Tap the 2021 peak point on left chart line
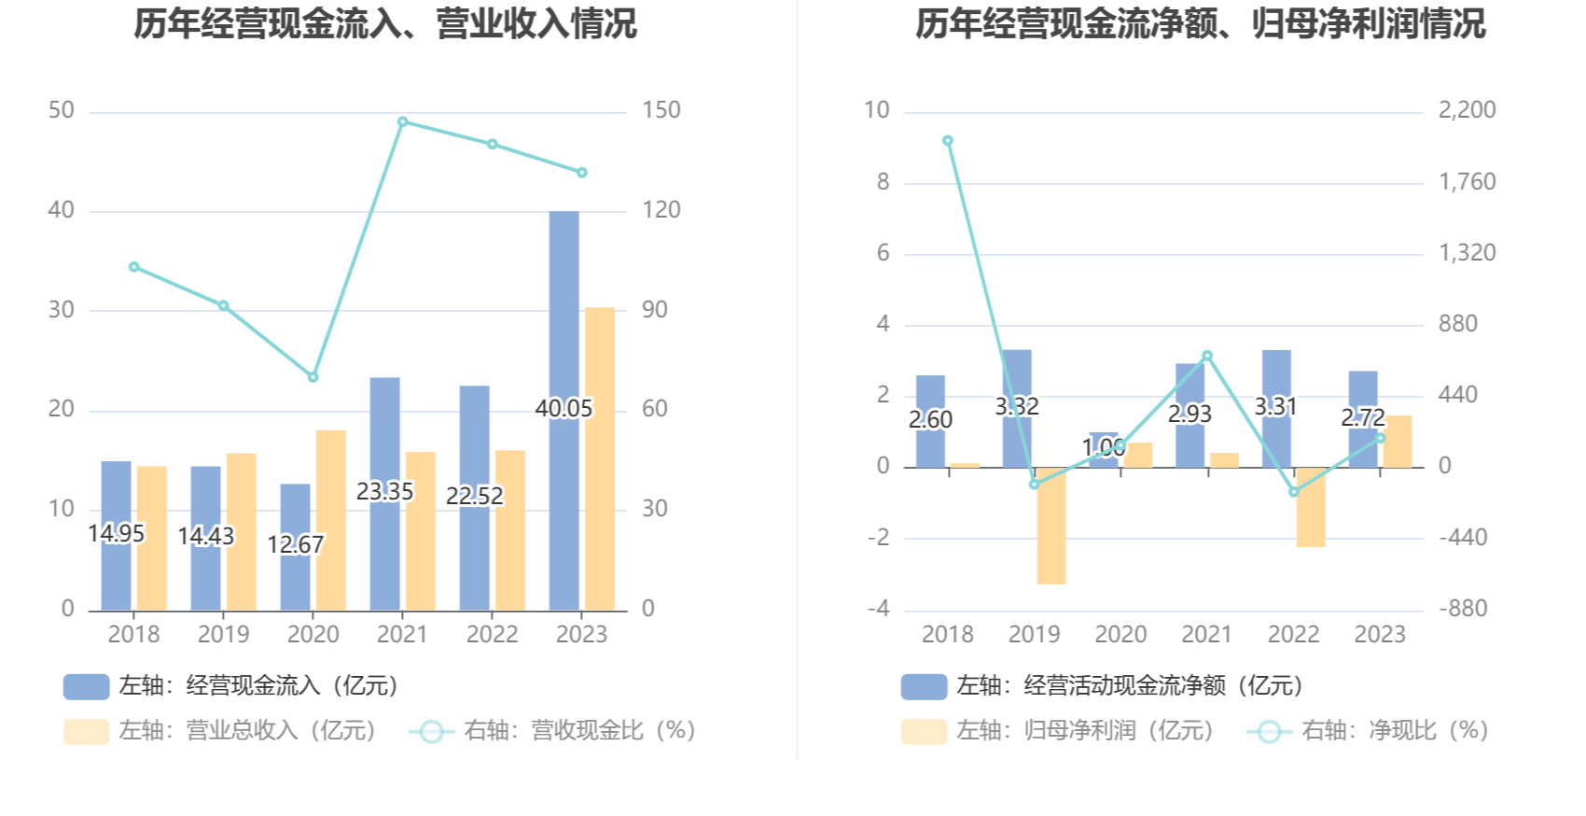click(x=403, y=121)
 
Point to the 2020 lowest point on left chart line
click(x=313, y=377)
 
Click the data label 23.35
click(x=384, y=491)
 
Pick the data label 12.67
click(x=295, y=544)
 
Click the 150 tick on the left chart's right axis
click(x=661, y=110)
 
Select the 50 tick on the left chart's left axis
click(x=62, y=110)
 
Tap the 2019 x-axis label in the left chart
click(x=223, y=635)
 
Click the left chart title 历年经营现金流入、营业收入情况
click(x=384, y=24)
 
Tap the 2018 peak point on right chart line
click(x=948, y=141)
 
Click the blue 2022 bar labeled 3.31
click(x=1276, y=408)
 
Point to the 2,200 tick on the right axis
click(x=1467, y=110)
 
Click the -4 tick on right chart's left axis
click(x=879, y=609)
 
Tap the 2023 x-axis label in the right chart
click(x=1380, y=635)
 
